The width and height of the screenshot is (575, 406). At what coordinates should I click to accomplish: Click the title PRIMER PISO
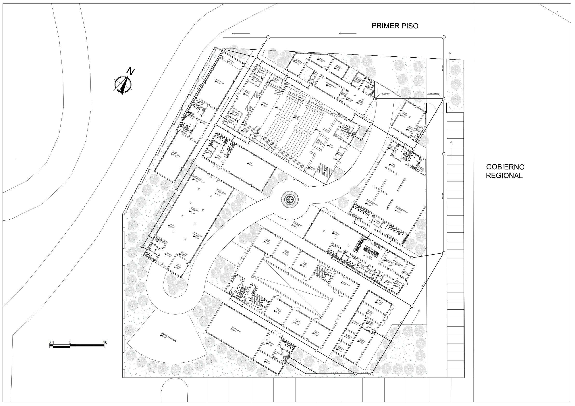pos(395,26)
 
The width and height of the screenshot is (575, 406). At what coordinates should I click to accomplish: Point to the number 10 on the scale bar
pos(105,342)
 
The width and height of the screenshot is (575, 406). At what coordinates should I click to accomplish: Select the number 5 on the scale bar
pos(70,342)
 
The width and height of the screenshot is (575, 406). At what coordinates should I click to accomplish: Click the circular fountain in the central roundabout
pos(290,199)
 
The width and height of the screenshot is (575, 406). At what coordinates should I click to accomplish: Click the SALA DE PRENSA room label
pos(219,82)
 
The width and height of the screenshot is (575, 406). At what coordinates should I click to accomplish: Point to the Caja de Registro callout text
pos(385,94)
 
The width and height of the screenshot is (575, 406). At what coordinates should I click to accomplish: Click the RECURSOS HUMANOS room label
pos(330,83)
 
